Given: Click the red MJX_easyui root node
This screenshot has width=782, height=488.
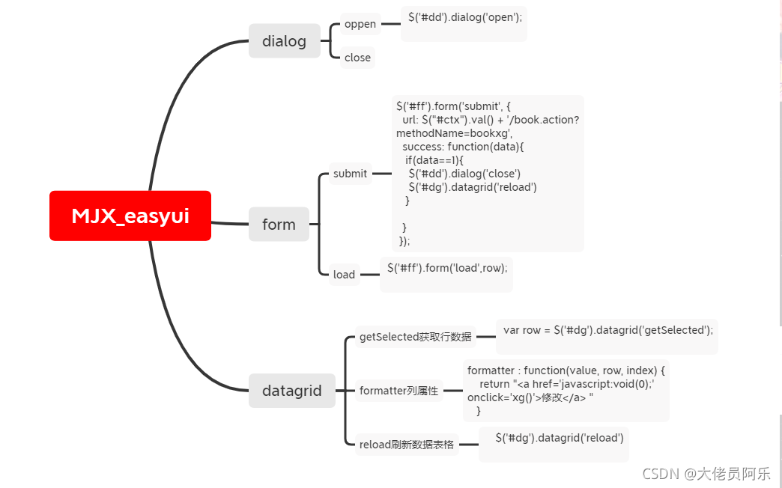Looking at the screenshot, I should tap(130, 216).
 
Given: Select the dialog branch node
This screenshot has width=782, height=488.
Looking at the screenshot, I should tap(284, 41).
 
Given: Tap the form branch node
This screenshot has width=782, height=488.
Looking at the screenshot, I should tap(279, 225).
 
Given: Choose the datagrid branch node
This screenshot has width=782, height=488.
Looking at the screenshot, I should tap(291, 390).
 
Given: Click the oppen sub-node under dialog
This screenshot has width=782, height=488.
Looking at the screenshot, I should tap(360, 24).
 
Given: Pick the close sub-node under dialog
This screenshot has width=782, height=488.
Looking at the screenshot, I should tap(357, 58).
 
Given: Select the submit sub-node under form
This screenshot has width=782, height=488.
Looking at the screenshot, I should tap(350, 174).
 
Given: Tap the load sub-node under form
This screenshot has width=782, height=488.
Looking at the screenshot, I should tap(344, 275).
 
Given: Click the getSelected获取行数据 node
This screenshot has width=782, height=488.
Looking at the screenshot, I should tap(415, 337).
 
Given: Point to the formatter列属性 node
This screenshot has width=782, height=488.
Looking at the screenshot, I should tap(398, 390).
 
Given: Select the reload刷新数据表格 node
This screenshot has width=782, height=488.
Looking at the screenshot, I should tap(406, 444).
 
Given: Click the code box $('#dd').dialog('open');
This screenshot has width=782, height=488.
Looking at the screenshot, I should tap(464, 22).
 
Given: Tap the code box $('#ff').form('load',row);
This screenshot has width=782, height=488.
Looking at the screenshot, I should tap(446, 273).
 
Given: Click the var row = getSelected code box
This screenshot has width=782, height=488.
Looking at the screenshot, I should tap(607, 335).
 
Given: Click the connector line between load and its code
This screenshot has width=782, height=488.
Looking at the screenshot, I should tap(369, 275).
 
